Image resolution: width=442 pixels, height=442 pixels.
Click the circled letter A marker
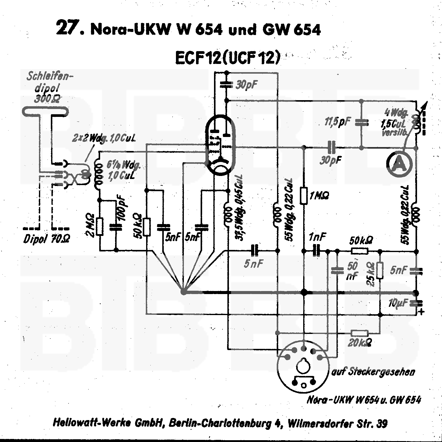coord(399,164)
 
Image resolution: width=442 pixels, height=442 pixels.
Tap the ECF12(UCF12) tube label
coord(227,58)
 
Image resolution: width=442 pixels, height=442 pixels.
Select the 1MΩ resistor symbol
coord(303,195)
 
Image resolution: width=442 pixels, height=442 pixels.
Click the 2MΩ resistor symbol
coord(100,226)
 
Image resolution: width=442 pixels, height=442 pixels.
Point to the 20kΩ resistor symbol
coord(360,333)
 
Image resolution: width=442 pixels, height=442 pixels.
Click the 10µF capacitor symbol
coord(416,303)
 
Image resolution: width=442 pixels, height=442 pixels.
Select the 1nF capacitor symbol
coord(317,251)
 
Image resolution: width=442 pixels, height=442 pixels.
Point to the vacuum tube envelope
coord(220,146)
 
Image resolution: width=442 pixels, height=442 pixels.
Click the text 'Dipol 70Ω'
coord(47,239)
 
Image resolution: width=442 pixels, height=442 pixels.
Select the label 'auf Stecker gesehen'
coord(373,372)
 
